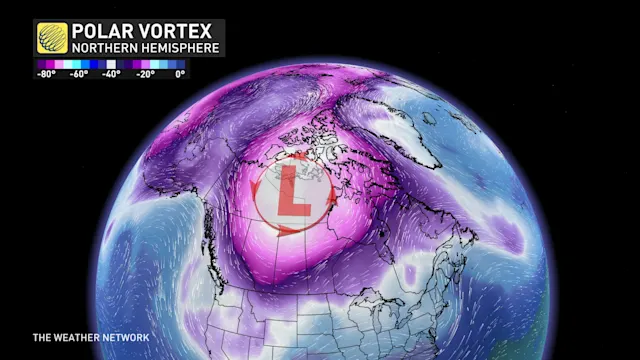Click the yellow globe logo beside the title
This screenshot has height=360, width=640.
pyautogui.click(x=51, y=37)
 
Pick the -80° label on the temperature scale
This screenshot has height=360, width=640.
pyautogui.click(x=46, y=73)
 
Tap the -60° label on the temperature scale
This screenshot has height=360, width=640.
pyautogui.click(x=79, y=73)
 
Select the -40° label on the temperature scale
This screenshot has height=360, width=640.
pyautogui.click(x=112, y=73)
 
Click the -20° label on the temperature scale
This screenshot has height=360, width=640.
pyautogui.click(x=146, y=73)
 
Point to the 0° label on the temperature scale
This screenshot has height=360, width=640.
pyautogui.click(x=179, y=73)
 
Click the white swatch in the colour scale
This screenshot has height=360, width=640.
pyautogui.click(x=112, y=64)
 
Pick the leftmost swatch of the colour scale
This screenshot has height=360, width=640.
pyautogui.click(x=37, y=64)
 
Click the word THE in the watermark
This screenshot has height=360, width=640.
pyautogui.click(x=41, y=337)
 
